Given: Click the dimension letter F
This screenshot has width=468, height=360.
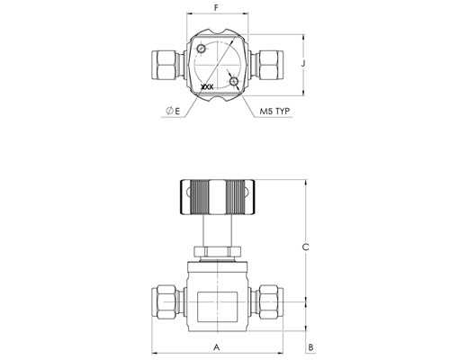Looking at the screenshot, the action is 216,8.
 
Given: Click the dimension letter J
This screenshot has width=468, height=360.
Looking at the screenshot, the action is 303,64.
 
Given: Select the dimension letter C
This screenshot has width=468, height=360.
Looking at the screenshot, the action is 305,247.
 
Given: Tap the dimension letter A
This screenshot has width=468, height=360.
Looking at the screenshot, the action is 217,347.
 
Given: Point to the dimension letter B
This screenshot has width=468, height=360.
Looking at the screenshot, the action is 311,347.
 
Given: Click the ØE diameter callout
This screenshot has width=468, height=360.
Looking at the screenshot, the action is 173,112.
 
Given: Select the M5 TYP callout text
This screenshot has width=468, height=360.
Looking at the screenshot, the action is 274,112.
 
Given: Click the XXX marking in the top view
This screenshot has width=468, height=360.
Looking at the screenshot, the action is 207,87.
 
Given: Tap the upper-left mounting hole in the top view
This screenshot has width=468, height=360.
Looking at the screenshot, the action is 201,49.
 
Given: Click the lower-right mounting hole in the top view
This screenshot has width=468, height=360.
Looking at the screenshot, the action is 233,82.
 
